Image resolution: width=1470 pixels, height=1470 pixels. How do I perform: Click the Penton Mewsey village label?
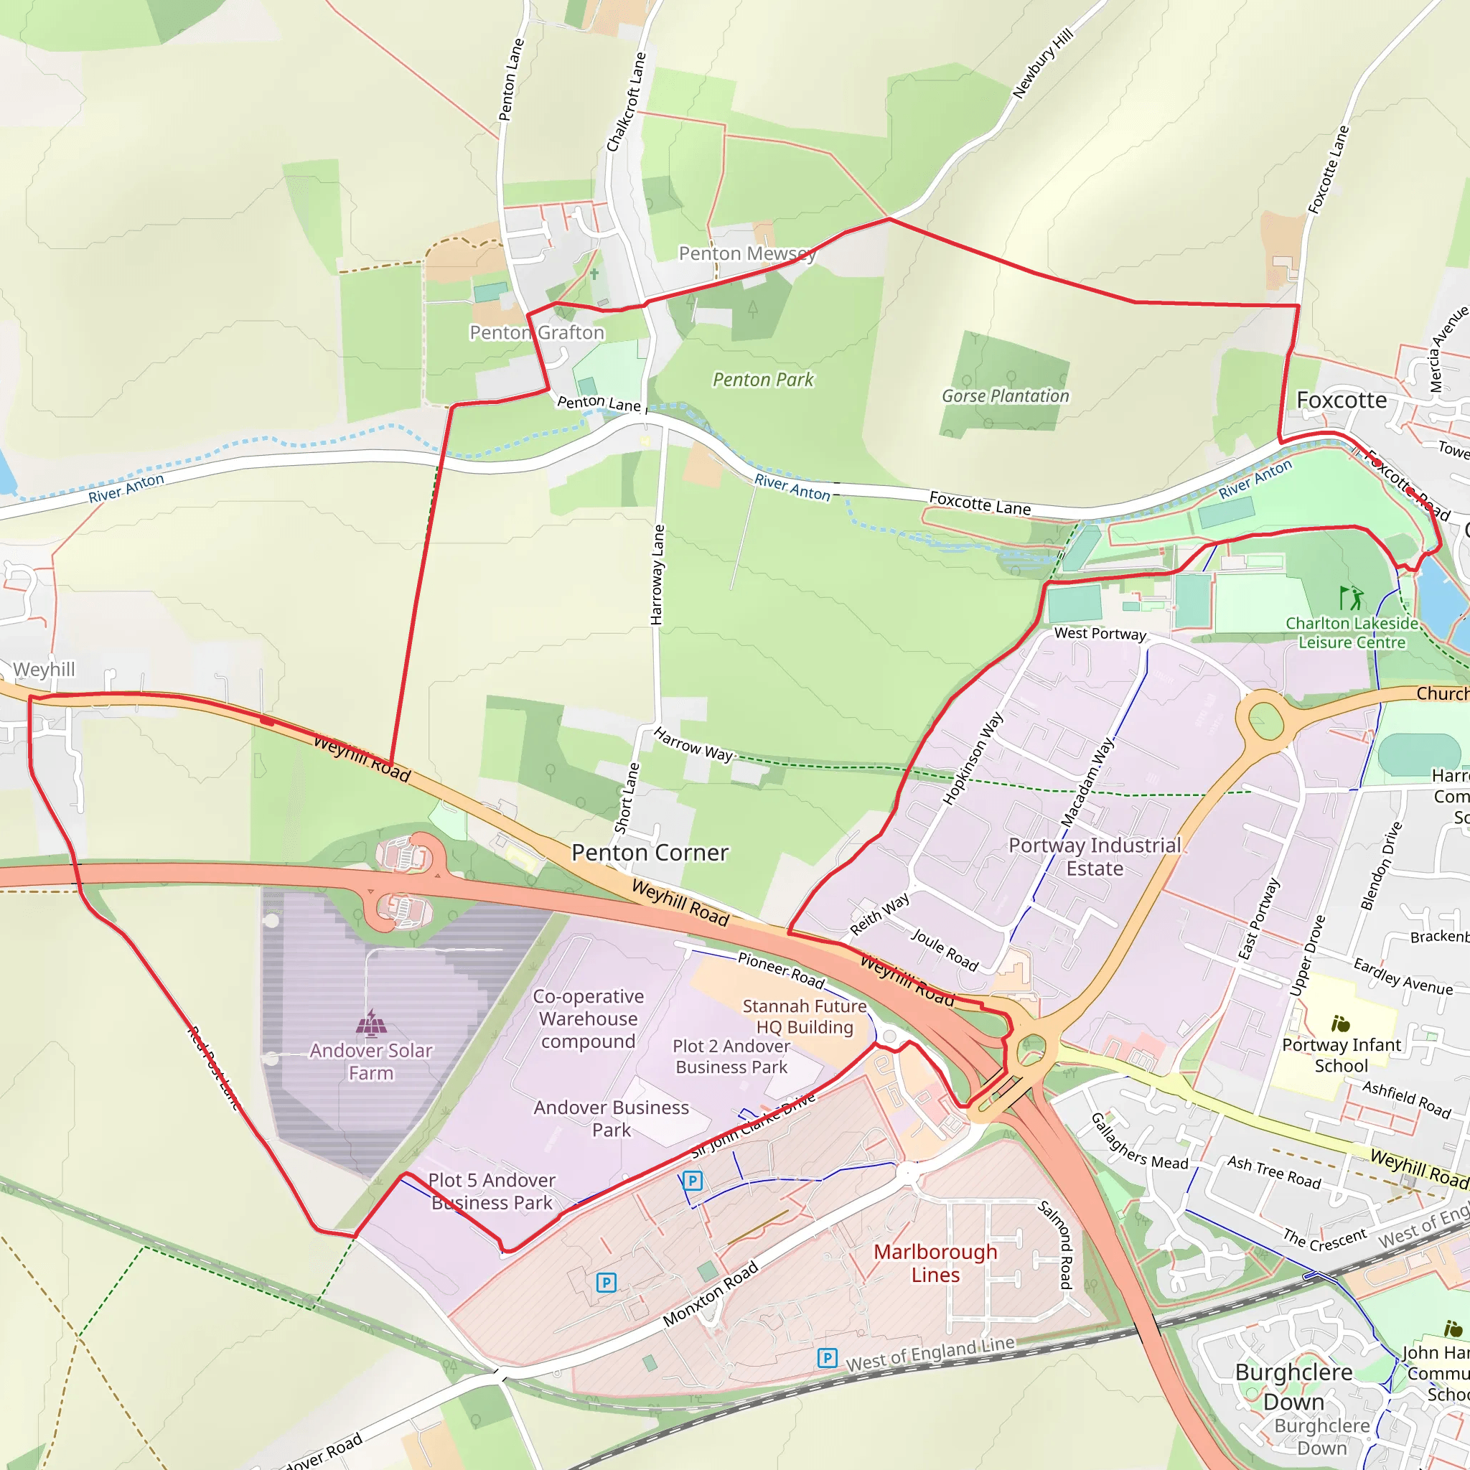[x=746, y=253]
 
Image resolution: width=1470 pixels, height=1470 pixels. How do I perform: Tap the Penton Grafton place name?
[x=536, y=332]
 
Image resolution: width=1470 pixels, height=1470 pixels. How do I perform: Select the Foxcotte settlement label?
[x=1342, y=401]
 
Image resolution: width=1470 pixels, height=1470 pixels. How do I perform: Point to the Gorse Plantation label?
[x=1005, y=395]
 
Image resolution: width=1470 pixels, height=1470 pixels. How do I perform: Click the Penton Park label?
[x=762, y=380]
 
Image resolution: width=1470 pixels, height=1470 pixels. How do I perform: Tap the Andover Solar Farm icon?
[x=371, y=1024]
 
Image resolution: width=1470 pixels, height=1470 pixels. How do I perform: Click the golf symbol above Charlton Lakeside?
[x=1352, y=597]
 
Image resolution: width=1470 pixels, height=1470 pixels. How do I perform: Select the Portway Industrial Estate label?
[x=1094, y=857]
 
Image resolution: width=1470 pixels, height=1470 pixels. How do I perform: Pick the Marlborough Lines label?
[x=935, y=1263]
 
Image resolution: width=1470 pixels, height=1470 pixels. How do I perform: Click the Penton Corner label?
[x=650, y=853]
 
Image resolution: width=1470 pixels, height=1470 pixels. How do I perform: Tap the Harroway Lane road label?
[x=658, y=575]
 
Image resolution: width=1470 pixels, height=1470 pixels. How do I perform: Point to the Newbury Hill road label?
[x=1042, y=63]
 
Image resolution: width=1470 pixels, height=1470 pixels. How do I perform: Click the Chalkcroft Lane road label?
[x=625, y=102]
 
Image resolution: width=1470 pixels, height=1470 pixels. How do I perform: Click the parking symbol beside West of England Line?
[x=827, y=1358]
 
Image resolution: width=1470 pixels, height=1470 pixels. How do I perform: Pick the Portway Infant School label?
[x=1341, y=1054]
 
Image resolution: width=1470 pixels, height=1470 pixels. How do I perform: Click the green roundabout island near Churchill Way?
[x=1265, y=721]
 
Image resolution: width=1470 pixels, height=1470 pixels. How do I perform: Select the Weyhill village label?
[x=44, y=670]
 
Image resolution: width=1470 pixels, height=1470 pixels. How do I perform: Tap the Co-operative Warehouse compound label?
[x=588, y=1019]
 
